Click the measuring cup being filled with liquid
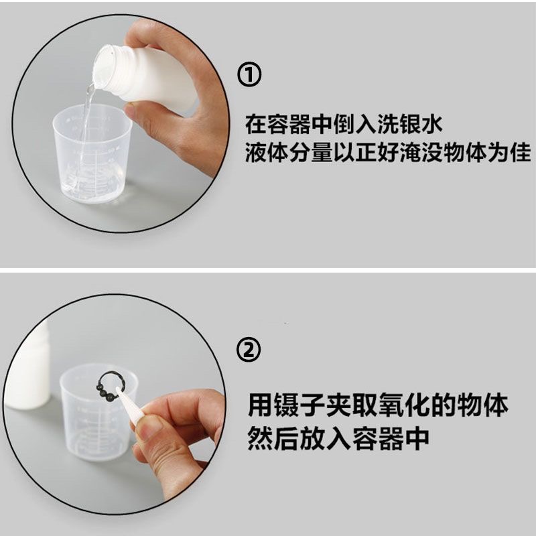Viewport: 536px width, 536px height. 92,155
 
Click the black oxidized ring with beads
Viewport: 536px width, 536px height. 109,387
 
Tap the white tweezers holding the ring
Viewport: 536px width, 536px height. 131,405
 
